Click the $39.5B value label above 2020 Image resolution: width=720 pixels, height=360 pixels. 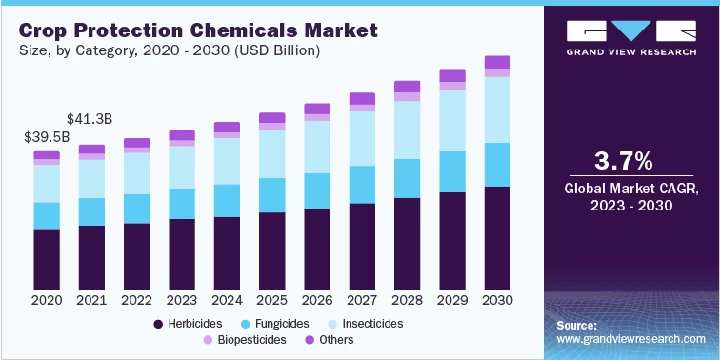(x=47, y=137)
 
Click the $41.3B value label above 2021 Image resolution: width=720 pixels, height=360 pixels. (x=91, y=119)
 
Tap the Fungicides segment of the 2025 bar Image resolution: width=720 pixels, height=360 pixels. (x=272, y=194)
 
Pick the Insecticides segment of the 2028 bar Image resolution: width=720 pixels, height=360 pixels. (x=407, y=130)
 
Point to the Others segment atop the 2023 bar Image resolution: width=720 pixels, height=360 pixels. (x=181, y=135)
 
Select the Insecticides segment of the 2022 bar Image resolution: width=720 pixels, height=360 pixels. (x=137, y=173)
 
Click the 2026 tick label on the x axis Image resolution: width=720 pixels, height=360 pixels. (x=317, y=300)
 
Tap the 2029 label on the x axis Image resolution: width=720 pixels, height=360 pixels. (x=451, y=300)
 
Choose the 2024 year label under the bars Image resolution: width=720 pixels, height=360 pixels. (x=227, y=300)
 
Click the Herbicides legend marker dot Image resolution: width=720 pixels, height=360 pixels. (x=158, y=324)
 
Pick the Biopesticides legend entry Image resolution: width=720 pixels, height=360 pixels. (x=244, y=340)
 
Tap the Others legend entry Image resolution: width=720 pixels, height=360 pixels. (x=330, y=340)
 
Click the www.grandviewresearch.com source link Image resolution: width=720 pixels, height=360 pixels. (x=631, y=339)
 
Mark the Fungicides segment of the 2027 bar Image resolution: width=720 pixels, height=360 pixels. (x=362, y=184)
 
